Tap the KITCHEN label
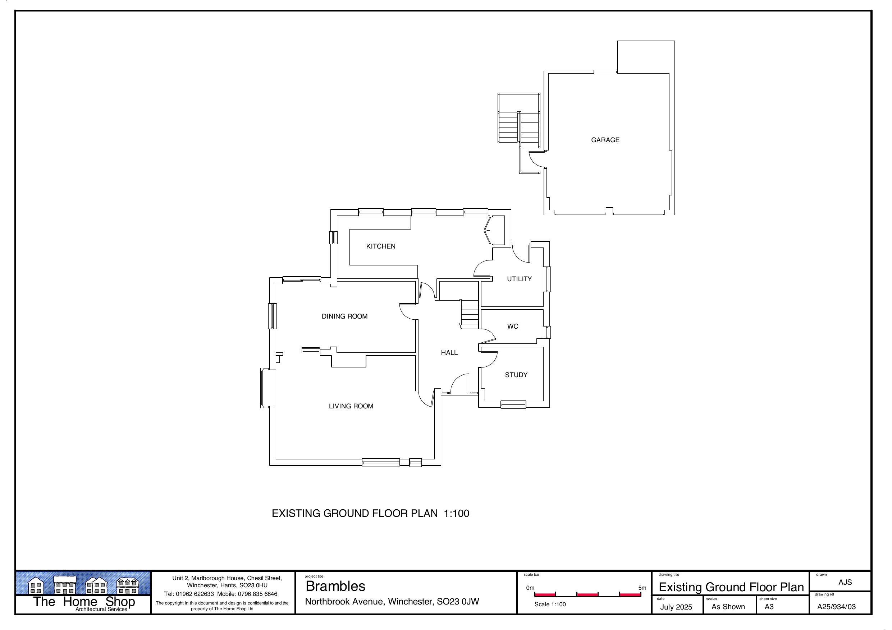click(x=381, y=246)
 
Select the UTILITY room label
click(x=519, y=279)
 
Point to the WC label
click(x=512, y=326)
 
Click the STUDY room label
click(x=516, y=375)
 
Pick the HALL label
click(x=449, y=352)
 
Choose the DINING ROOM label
click(x=344, y=316)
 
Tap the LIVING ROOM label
click(x=351, y=406)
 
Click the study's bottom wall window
click(x=513, y=404)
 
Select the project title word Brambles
click(x=335, y=586)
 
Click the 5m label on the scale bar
click(x=642, y=588)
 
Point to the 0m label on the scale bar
click(x=530, y=588)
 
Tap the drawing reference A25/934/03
click(x=836, y=607)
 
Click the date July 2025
click(x=676, y=607)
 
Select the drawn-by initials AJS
click(x=845, y=582)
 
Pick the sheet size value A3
click(x=769, y=607)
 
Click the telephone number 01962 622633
click(x=195, y=594)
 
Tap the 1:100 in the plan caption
click(x=457, y=513)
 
